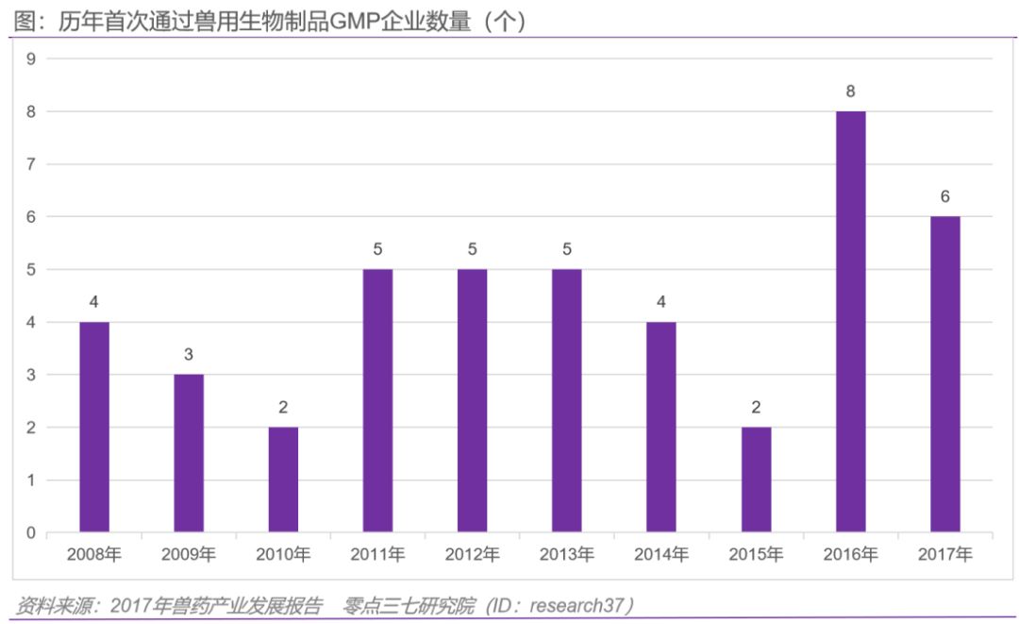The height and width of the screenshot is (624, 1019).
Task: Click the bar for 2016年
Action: point(850,321)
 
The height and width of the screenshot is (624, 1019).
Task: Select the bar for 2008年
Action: point(94,427)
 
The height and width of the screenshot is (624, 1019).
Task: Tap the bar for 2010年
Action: point(283,480)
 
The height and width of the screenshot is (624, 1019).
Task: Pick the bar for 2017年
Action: point(944,374)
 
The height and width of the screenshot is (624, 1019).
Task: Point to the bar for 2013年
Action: point(567,400)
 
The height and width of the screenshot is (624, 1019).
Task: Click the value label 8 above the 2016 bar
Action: point(850,92)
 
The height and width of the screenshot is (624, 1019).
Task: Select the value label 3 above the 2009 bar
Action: point(189,355)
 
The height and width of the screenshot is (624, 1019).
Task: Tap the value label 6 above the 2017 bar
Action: point(944,196)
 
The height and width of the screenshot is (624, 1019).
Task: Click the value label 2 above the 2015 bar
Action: point(756,408)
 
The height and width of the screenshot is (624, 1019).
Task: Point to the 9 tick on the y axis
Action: point(30,59)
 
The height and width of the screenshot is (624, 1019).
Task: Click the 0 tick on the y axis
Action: point(30,533)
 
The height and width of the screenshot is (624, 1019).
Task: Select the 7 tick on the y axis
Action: point(30,164)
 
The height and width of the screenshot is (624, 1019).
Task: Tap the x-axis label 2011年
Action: point(377,555)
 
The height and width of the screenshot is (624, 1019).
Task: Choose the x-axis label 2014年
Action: point(661,555)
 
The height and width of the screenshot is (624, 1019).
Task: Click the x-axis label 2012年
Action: point(472,555)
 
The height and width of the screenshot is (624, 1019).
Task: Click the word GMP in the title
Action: point(354,21)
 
